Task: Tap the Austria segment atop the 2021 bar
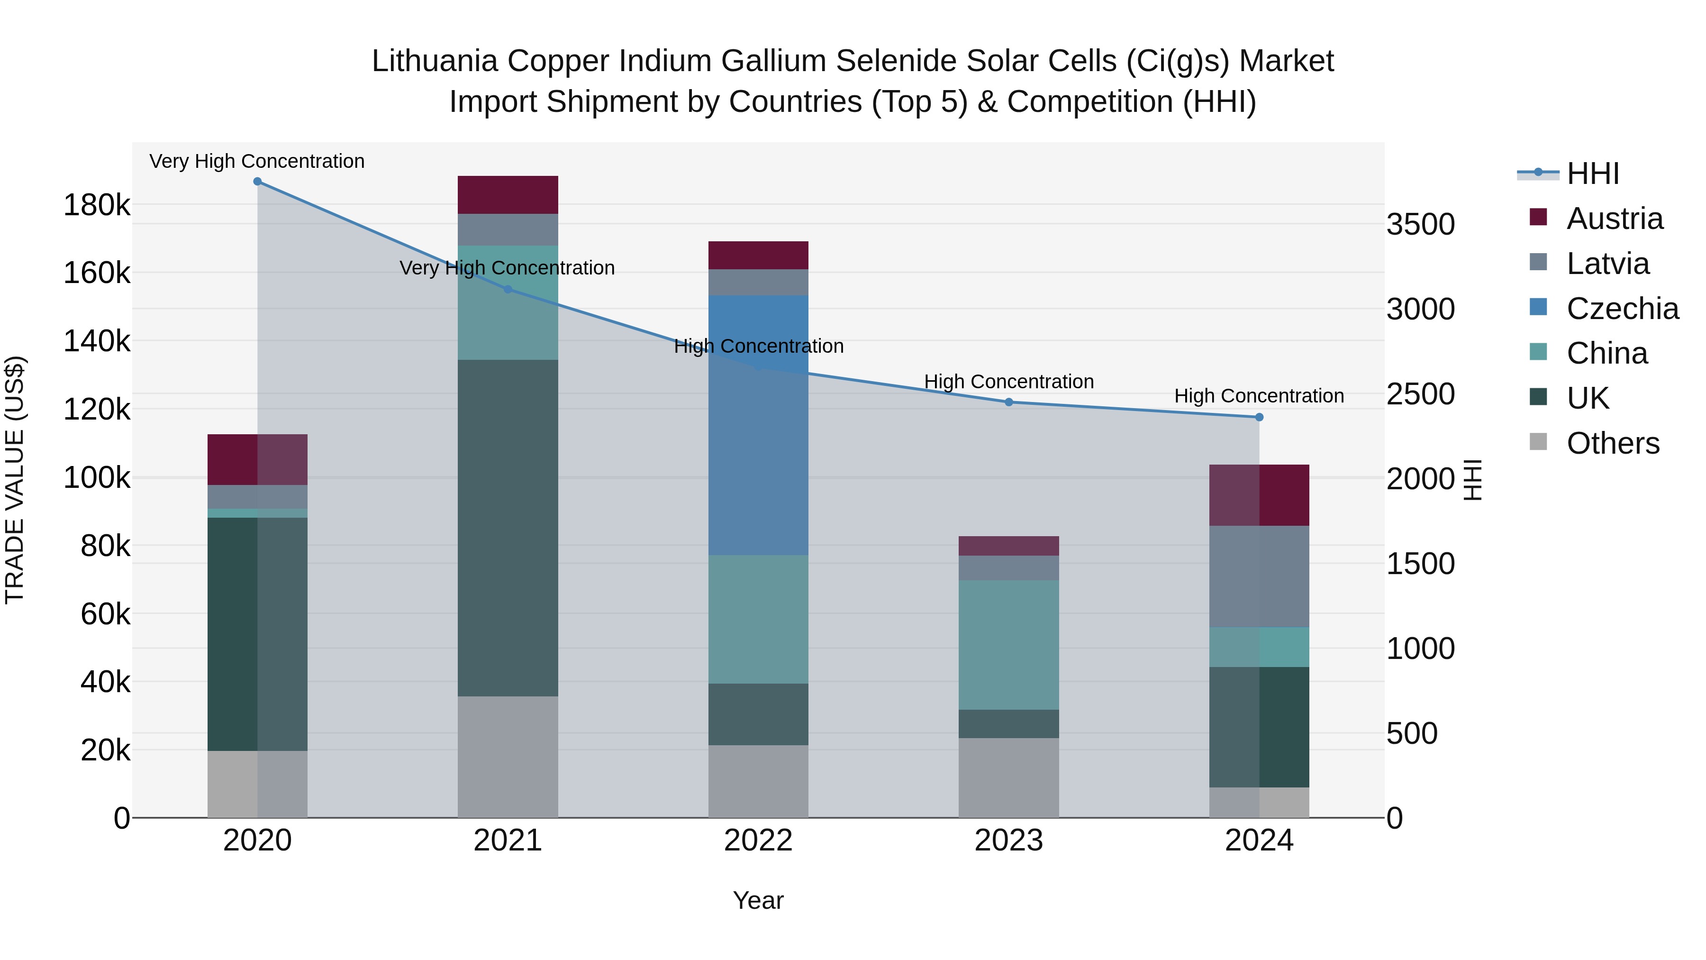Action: point(508,195)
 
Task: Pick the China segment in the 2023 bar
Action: point(1008,645)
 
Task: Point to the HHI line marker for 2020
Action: point(258,182)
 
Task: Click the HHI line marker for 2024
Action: point(1259,417)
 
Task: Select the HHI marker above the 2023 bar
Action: point(1008,402)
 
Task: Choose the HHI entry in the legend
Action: point(1592,174)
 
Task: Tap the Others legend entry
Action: point(1612,443)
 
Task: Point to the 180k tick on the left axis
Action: point(97,205)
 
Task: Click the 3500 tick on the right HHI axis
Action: point(1421,225)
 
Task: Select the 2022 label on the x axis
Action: point(758,841)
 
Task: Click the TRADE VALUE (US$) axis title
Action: point(15,480)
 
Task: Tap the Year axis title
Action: point(758,900)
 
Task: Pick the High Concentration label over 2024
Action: point(1259,396)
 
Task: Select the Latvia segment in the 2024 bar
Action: point(1259,576)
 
